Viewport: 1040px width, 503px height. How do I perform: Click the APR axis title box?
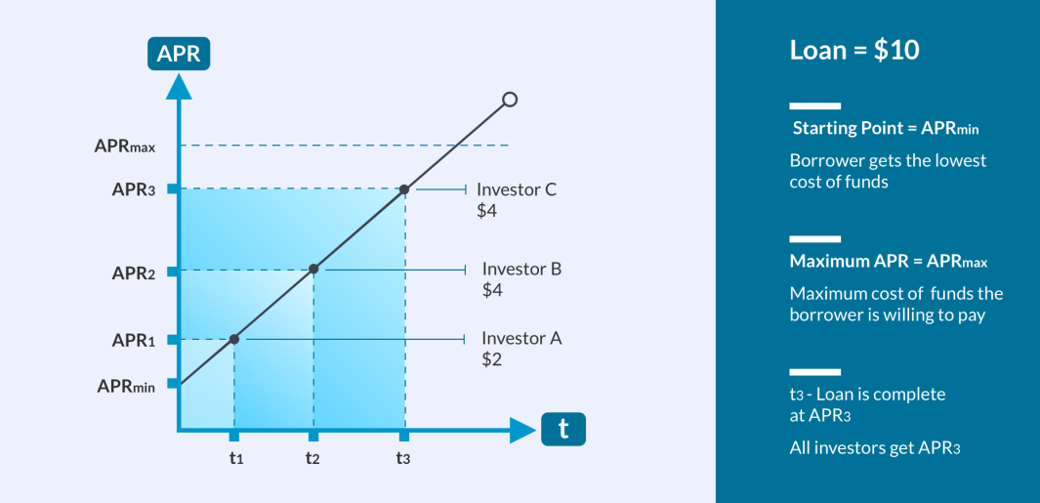tap(179, 54)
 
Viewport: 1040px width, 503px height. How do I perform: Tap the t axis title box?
tap(563, 429)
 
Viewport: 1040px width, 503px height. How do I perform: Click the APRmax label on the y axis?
tap(125, 146)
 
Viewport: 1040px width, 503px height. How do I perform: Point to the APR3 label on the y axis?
tap(134, 189)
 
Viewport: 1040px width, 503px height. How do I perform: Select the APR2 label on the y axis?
tap(134, 272)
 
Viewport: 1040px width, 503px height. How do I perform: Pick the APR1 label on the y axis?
tap(134, 341)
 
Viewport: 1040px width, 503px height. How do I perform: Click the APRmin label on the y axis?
tap(126, 386)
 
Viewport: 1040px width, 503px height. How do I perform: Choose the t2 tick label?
tap(313, 457)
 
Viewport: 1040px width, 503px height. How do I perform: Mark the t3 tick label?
tap(404, 457)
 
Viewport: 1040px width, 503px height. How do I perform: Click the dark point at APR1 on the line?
tap(234, 339)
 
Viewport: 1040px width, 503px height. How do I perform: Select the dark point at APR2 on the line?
tap(313, 269)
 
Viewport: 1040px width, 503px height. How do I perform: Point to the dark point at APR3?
tap(404, 189)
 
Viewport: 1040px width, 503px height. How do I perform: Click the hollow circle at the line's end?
tap(510, 100)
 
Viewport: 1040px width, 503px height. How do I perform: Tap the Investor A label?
tap(522, 339)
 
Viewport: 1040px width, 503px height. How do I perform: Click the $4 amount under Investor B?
tap(491, 291)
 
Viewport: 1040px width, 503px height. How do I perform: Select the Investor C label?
tap(517, 189)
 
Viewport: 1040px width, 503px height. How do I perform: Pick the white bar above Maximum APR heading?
tap(815, 239)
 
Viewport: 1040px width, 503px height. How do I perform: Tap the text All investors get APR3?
tap(875, 448)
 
